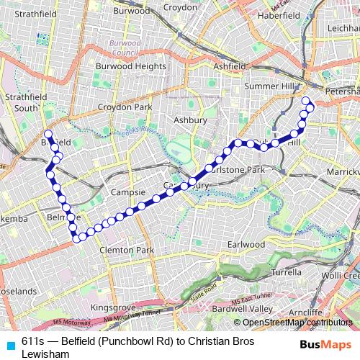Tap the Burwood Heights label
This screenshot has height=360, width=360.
tap(130, 66)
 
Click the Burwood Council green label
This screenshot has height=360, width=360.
tap(125, 48)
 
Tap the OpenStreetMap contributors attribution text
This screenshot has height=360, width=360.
tap(297, 322)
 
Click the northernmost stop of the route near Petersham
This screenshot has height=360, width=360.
tap(305, 100)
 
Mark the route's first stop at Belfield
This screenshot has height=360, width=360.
tap(48, 134)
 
